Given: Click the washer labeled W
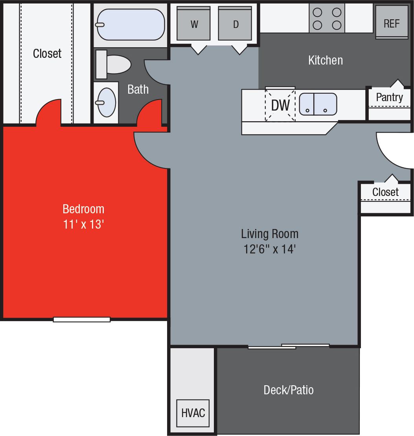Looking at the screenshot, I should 193,24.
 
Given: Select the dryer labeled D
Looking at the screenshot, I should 235,24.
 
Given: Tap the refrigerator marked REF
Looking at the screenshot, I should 391,23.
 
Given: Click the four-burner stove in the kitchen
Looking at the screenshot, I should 327,18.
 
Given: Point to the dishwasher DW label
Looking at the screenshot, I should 280,105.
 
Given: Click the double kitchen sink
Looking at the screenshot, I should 318,104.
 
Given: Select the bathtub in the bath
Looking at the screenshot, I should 131,24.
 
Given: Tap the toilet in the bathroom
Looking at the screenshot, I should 114,65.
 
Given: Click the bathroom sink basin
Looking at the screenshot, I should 107,102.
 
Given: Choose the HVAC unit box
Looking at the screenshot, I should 193,413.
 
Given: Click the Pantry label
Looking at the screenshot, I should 389,97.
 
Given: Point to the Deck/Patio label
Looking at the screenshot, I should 289,390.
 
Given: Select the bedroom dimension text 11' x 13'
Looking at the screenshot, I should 83,225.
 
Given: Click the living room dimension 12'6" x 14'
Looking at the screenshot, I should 269,249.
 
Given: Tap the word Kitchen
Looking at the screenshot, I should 326,60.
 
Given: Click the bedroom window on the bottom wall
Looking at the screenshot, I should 82,320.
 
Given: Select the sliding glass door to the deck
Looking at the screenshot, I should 289,346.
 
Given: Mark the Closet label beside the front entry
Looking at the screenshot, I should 385,192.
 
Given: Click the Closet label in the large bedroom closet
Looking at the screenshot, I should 47,54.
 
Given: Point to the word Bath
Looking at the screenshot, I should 138,89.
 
